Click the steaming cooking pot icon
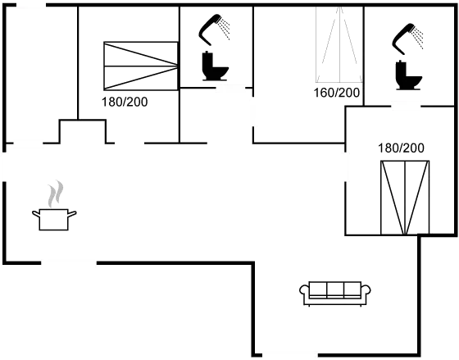[x=54, y=216]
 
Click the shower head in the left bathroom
[x=215, y=28]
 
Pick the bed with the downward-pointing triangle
[x=404, y=197]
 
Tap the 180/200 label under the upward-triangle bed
[x=338, y=92]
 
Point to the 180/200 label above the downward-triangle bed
[x=402, y=148]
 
